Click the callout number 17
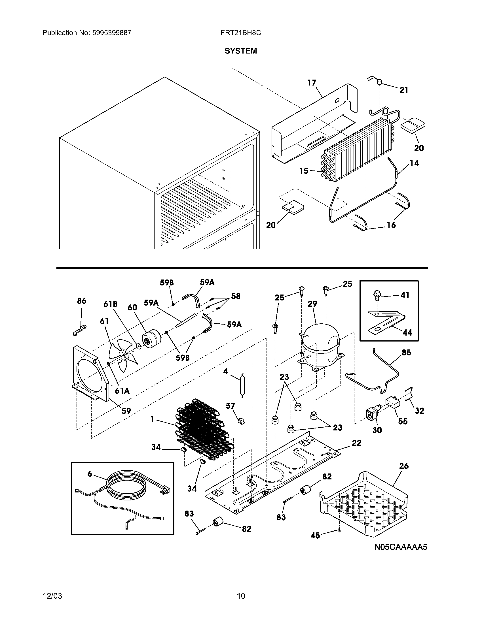point(312,83)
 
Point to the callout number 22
point(356,443)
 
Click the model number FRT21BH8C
point(240,33)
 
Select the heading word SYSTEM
point(240,51)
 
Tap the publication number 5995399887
point(112,33)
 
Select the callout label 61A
point(122,391)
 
